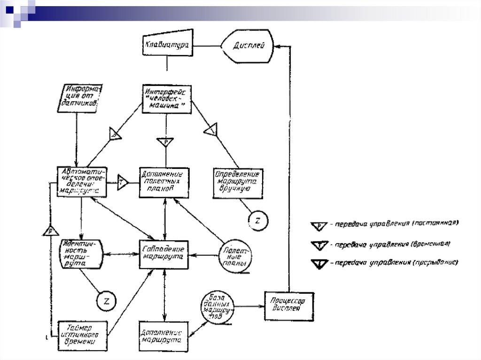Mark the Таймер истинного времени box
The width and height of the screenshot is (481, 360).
point(82,335)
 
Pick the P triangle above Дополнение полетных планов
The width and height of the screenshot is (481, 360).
point(165,141)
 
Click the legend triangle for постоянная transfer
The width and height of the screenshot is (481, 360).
point(319,226)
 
